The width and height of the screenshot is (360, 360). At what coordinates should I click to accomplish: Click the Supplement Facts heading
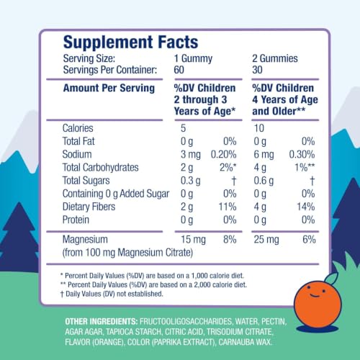click(x=130, y=42)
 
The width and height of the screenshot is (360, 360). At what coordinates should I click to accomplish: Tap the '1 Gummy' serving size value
click(x=193, y=59)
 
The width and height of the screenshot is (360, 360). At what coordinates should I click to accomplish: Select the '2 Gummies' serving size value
click(x=275, y=58)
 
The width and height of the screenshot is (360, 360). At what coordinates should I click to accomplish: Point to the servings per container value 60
click(x=179, y=70)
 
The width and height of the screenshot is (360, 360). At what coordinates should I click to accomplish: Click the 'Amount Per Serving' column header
click(x=109, y=88)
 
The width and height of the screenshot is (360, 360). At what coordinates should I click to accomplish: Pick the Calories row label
click(x=78, y=128)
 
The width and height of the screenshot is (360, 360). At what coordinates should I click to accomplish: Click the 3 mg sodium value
click(x=191, y=155)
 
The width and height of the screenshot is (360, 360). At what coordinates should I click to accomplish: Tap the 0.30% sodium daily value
click(x=302, y=155)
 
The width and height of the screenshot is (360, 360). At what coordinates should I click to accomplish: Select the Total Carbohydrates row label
click(x=101, y=168)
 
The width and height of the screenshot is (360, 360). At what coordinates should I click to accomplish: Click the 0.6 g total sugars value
click(x=264, y=181)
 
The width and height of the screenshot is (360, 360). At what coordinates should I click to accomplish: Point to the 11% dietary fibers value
click(x=228, y=207)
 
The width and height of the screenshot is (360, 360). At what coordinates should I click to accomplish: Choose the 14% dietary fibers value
click(x=306, y=207)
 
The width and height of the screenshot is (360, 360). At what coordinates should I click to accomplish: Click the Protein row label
click(x=76, y=220)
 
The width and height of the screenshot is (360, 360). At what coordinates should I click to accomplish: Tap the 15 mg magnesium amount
click(x=193, y=240)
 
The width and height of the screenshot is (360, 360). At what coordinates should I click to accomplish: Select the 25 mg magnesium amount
click(x=266, y=240)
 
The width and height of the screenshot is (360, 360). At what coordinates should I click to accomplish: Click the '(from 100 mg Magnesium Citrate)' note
click(x=127, y=253)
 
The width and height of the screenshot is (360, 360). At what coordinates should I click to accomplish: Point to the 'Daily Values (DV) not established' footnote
click(x=112, y=294)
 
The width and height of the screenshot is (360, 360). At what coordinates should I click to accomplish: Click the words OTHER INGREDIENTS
click(x=102, y=321)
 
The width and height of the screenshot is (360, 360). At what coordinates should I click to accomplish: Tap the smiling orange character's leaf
click(x=331, y=278)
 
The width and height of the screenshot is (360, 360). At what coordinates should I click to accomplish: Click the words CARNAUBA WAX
click(x=246, y=342)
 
